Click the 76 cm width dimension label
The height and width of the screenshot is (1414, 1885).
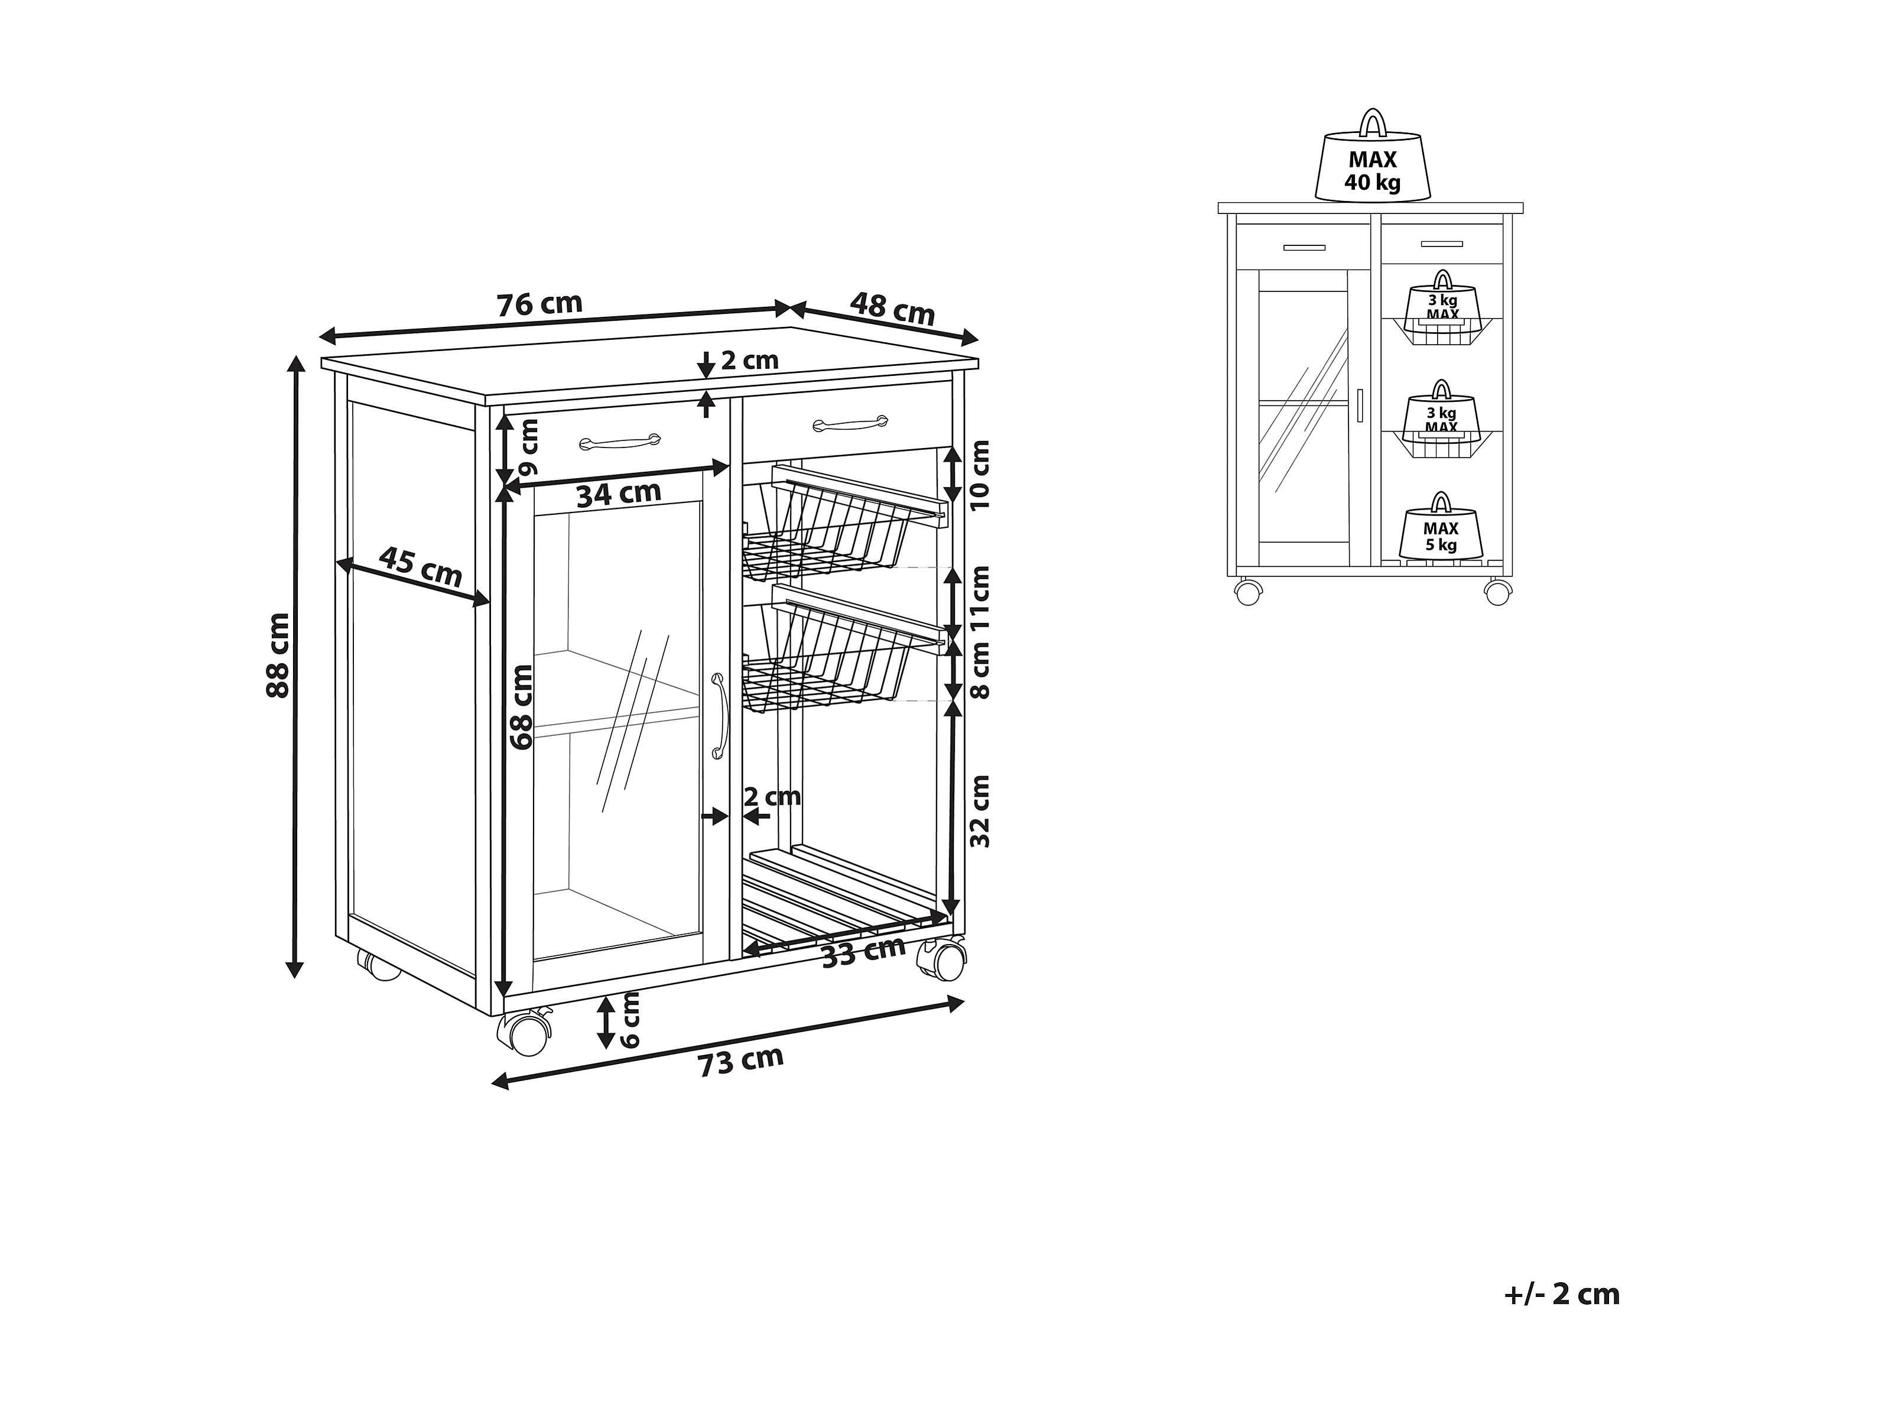539,304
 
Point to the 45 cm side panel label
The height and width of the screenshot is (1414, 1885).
420,567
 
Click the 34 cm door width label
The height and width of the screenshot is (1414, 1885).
619,494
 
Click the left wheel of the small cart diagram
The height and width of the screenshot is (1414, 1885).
1247,592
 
